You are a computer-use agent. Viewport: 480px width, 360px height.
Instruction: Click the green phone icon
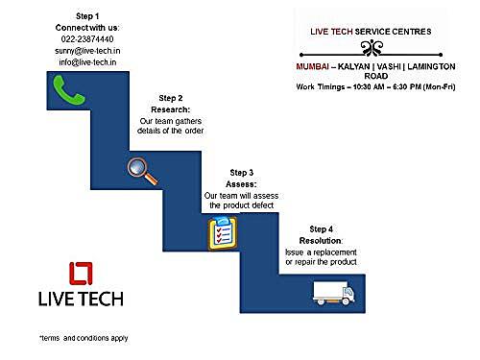point(69,90)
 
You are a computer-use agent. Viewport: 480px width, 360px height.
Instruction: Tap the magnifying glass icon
point(142,171)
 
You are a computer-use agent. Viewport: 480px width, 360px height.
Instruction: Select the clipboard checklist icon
point(223,232)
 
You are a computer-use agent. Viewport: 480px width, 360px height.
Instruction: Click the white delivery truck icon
point(334,293)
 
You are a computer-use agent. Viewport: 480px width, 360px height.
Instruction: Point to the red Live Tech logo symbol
point(81,274)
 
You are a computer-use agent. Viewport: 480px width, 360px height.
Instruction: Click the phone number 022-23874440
point(87,39)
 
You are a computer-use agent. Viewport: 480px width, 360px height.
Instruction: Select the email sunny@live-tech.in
point(87,51)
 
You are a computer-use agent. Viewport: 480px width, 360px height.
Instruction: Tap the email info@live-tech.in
point(87,62)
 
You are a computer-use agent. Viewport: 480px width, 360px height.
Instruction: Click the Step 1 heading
point(87,16)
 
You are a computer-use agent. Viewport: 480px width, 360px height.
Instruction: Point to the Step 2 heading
point(171,98)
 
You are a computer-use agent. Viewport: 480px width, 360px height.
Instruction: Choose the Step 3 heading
point(242,173)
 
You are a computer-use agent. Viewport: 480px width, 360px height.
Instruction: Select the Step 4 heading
point(321,229)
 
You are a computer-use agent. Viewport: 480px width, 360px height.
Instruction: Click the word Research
point(170,109)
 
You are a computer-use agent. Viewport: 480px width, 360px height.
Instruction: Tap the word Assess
point(241,184)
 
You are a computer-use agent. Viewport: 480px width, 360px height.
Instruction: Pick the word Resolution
point(321,241)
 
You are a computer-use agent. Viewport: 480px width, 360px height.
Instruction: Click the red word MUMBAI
point(312,66)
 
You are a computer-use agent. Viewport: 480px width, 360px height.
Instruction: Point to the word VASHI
point(389,66)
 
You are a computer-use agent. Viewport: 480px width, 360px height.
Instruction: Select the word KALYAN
point(353,66)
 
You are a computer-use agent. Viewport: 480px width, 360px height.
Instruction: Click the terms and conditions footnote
point(84,338)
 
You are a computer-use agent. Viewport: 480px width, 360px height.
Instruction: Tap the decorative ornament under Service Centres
point(372,49)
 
